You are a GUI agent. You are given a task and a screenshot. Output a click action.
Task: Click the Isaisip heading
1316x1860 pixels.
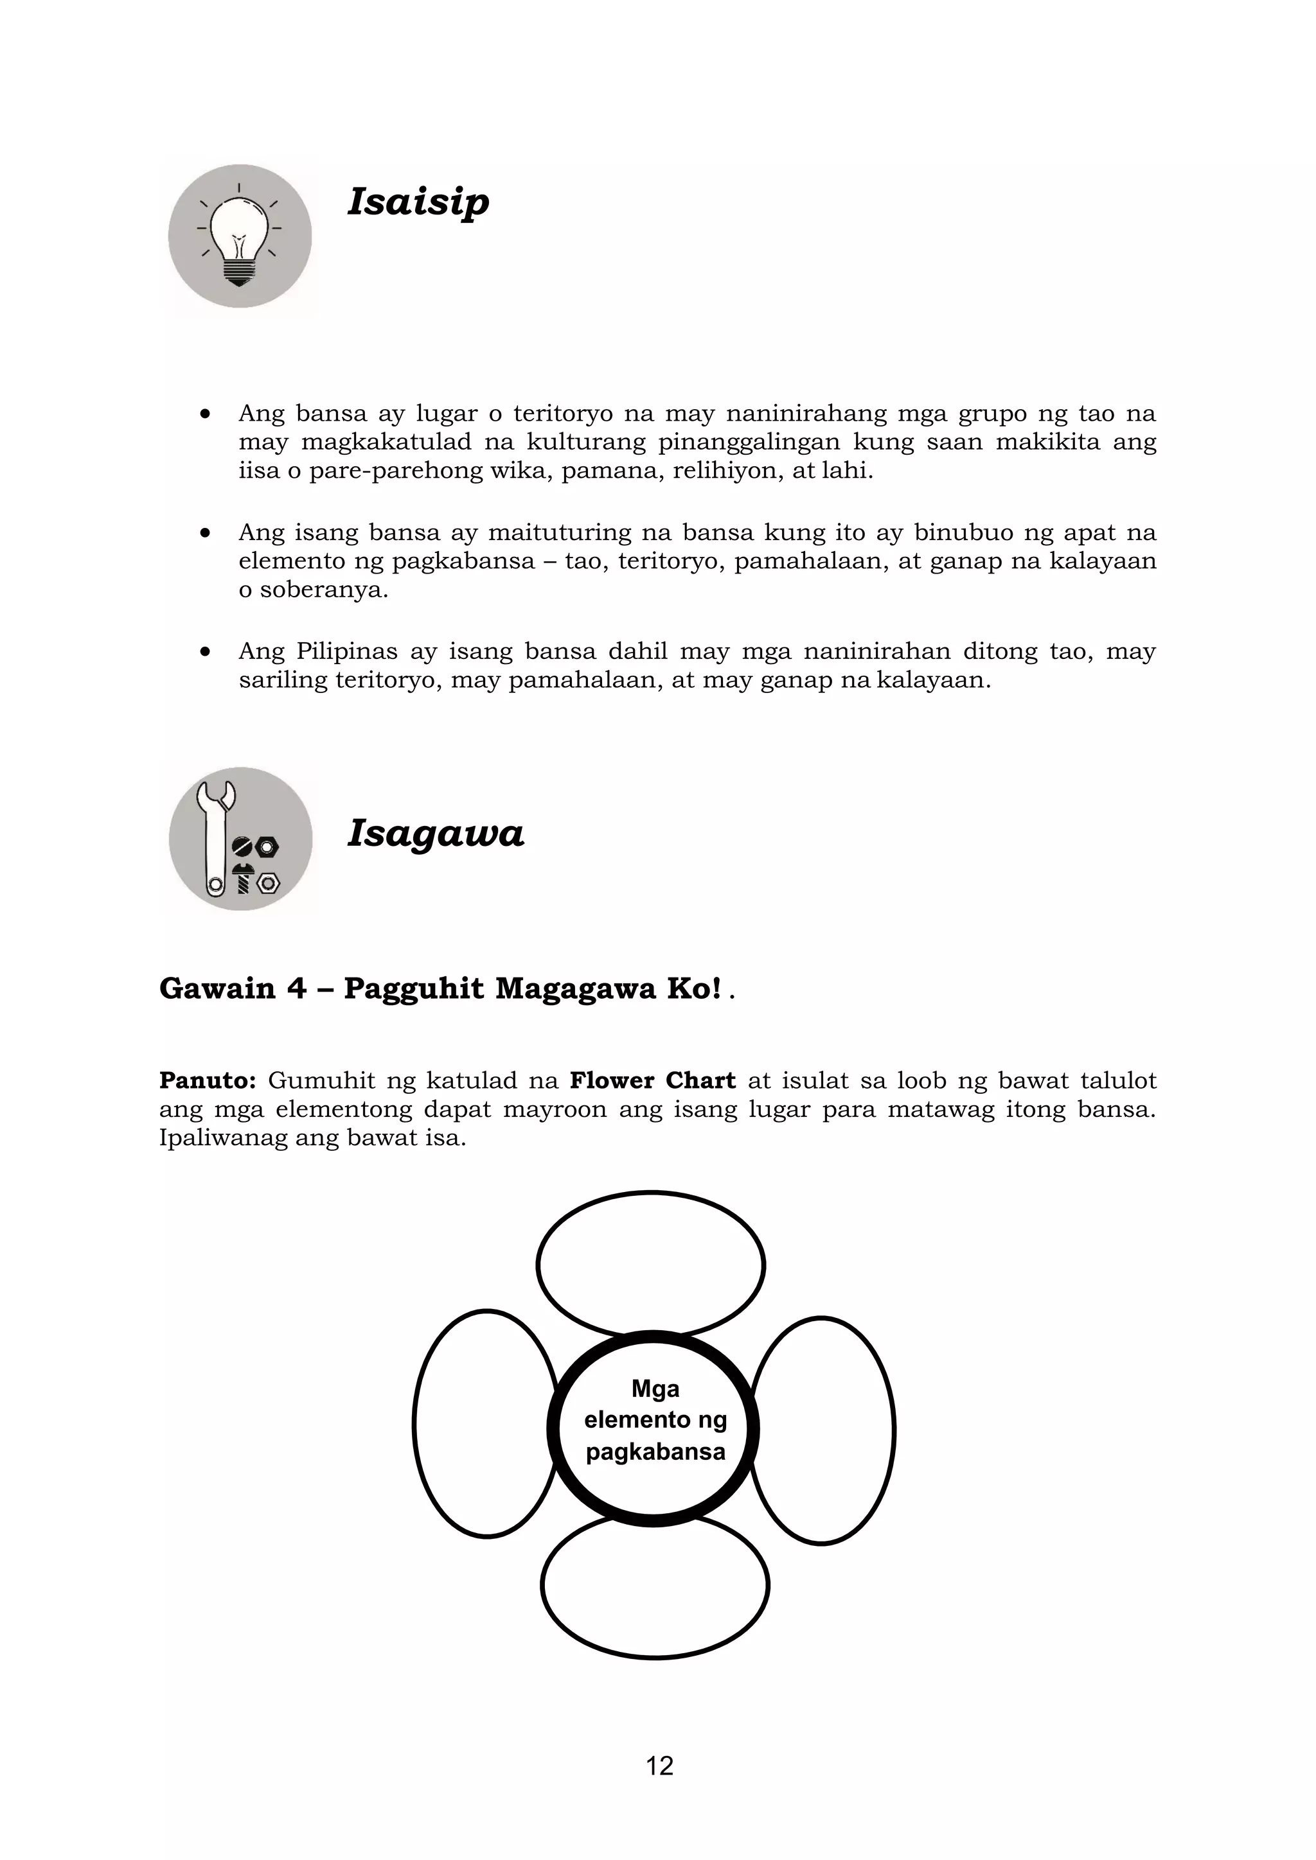[418, 201]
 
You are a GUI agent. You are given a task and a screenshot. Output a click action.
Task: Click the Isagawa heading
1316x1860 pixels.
[436, 833]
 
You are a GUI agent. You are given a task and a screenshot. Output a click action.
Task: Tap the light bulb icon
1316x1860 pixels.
[239, 236]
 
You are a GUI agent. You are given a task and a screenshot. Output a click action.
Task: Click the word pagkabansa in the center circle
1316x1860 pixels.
[655, 1452]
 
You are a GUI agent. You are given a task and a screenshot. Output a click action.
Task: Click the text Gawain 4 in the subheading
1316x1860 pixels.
[233, 988]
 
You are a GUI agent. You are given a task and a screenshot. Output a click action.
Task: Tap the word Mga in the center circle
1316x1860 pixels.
[655, 1389]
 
